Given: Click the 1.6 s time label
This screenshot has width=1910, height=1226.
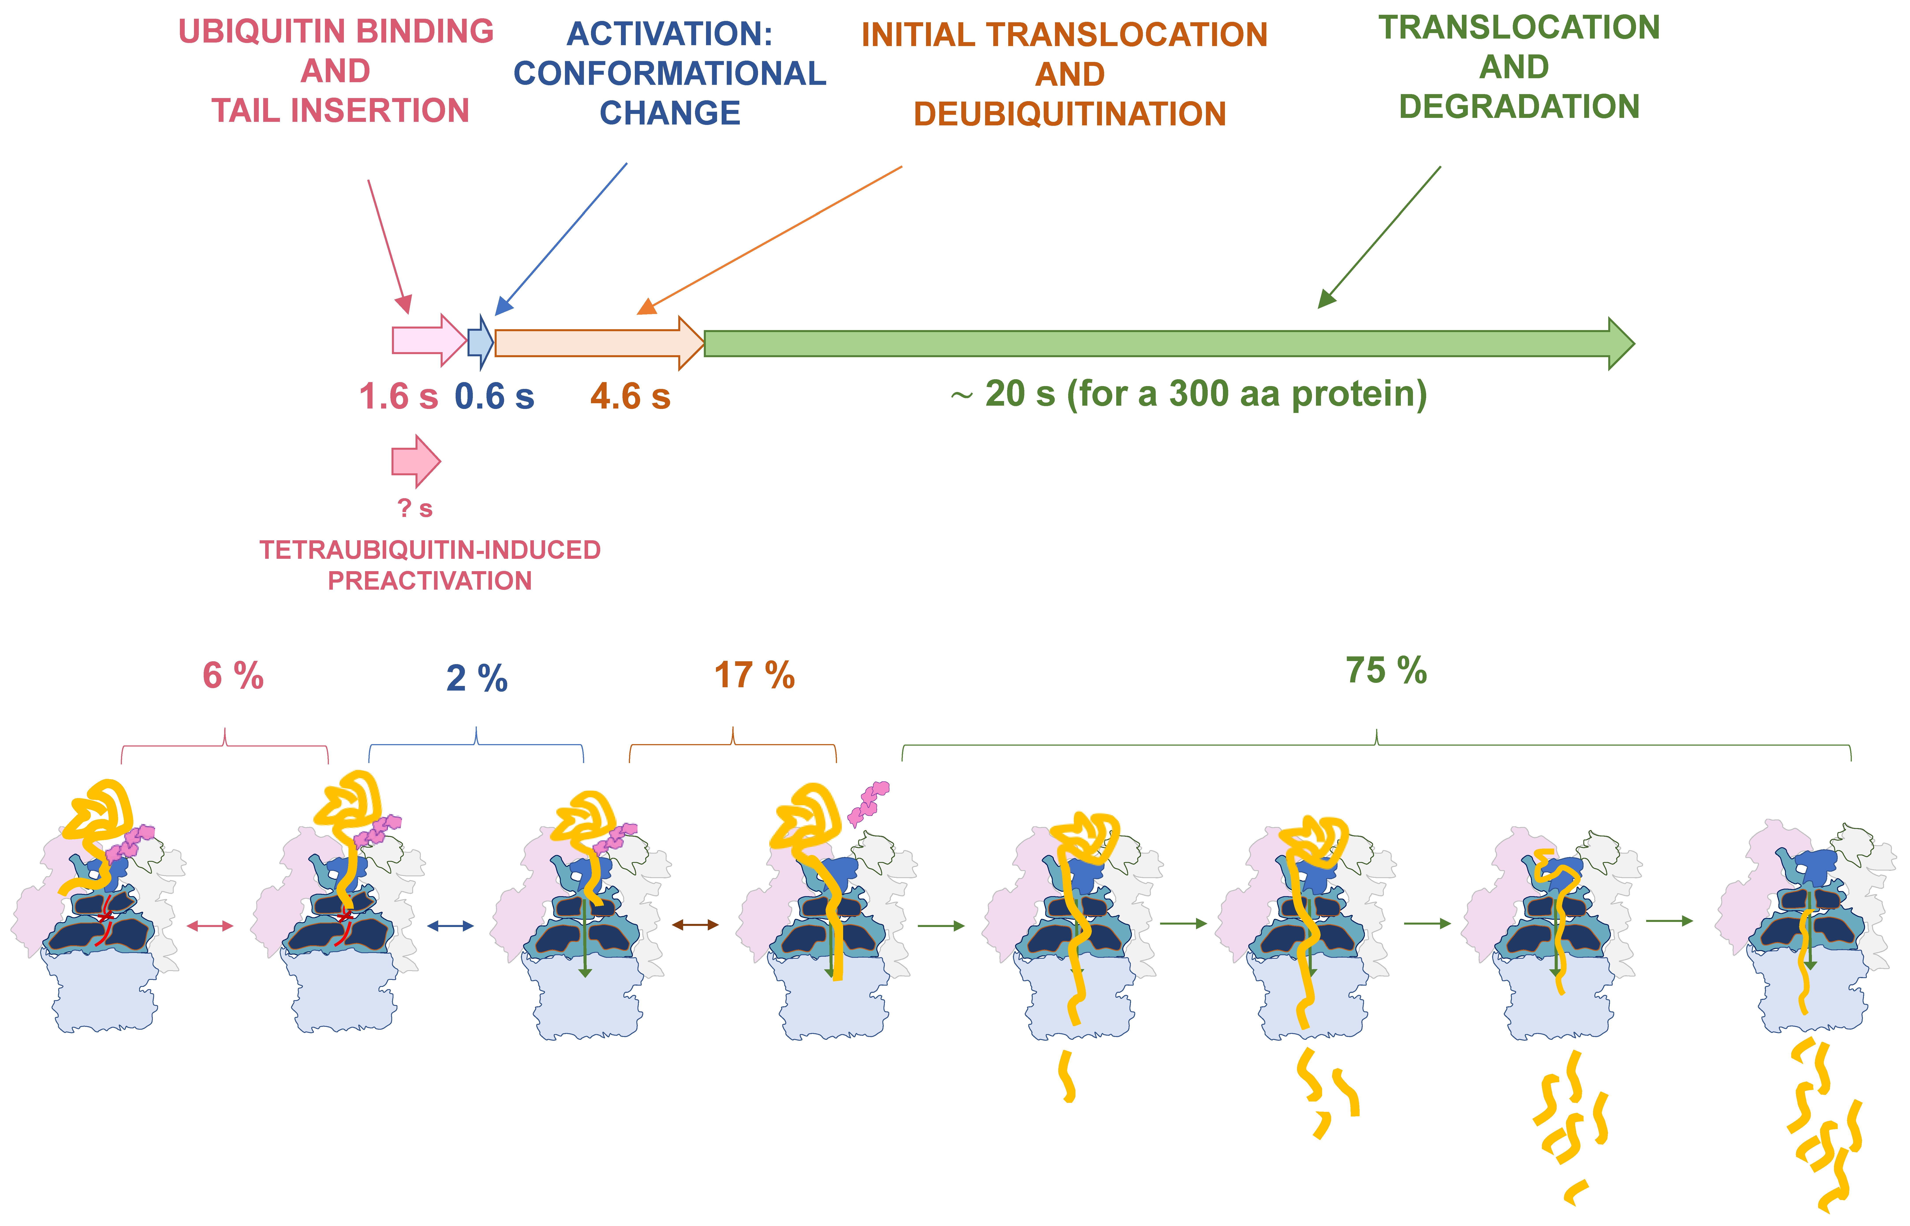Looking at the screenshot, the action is tap(398, 396).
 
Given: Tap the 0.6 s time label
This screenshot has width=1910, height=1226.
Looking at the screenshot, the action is tap(494, 396).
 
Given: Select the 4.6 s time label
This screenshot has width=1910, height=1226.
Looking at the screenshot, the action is tap(630, 396).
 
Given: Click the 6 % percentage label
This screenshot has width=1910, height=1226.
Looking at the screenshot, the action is tap(233, 677).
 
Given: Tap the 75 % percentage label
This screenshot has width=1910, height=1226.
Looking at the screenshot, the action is tap(1386, 671).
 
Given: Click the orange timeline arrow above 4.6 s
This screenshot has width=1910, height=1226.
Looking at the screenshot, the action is tap(597, 342).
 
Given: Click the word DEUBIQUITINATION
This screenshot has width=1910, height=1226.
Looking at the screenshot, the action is tap(1069, 114).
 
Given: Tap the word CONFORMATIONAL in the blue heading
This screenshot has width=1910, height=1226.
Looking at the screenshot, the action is tap(670, 73).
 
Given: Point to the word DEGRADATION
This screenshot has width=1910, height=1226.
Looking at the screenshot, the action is tap(1518, 107).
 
